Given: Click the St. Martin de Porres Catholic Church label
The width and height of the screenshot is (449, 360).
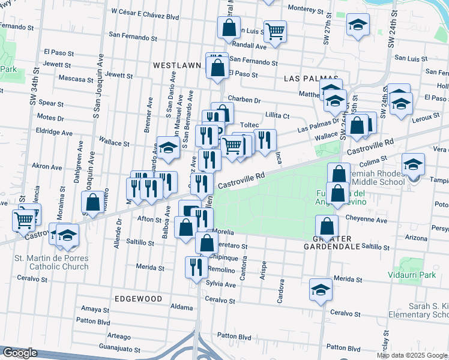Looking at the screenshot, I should point(51,262).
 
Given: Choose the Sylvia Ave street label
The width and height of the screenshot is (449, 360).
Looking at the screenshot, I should point(220,283).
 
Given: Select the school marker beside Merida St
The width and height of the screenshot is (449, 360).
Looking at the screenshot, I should point(321,289).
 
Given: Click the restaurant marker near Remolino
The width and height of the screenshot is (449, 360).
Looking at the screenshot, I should point(196,266).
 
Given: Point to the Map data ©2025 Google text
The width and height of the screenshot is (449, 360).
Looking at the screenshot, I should point(411,355).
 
